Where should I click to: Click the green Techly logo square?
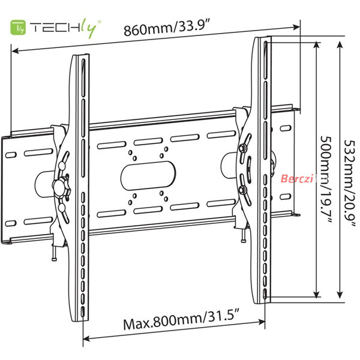(18, 28)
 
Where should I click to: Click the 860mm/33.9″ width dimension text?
(167, 28)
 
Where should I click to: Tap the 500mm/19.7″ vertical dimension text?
(326, 180)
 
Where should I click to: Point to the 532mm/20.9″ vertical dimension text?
(350, 184)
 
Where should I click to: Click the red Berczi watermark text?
(297, 178)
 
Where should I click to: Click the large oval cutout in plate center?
(148, 176)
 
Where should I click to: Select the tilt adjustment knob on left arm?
(61, 188)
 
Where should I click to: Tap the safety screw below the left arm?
(55, 253)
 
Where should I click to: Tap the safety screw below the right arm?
(244, 235)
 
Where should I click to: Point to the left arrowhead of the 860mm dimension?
(15, 50)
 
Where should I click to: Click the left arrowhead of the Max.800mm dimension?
(86, 338)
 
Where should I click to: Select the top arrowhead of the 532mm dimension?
(340, 44)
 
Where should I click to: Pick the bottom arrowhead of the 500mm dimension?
(317, 294)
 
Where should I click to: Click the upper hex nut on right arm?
(242, 148)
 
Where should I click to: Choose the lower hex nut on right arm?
(242, 190)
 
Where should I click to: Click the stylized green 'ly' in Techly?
(89, 28)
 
